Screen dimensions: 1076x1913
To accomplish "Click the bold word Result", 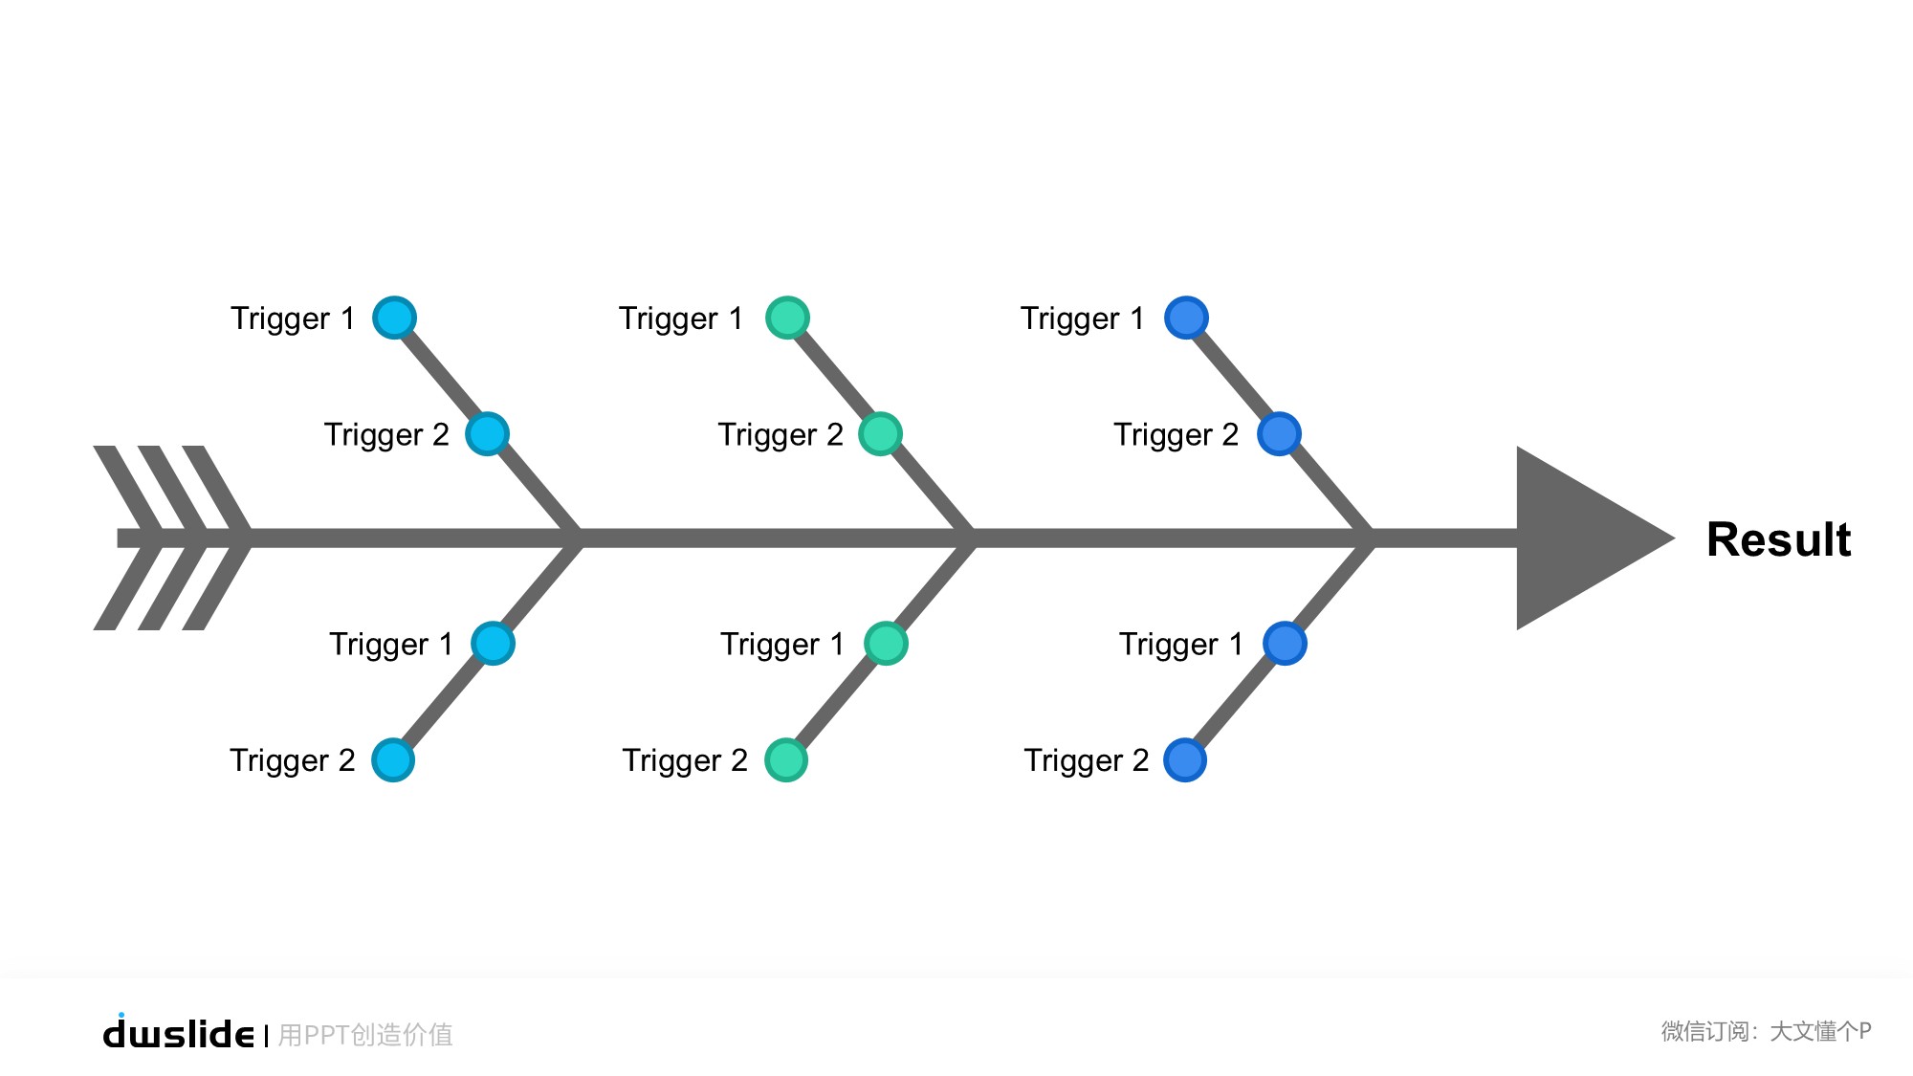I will click(x=1778, y=539).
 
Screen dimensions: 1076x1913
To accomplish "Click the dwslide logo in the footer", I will click(x=179, y=1033).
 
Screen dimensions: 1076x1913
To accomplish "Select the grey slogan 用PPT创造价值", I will click(x=365, y=1035).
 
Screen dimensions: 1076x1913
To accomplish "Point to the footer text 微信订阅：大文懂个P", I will click(x=1766, y=1031).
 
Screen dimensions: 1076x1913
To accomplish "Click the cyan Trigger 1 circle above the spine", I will click(x=394, y=318).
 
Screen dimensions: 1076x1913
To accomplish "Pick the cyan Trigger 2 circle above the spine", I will click(x=487, y=434).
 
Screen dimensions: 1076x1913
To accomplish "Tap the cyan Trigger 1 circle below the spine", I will click(x=494, y=644).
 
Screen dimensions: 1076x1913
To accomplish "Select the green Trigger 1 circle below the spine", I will click(x=886, y=644).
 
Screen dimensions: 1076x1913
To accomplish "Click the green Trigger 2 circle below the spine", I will click(x=786, y=760).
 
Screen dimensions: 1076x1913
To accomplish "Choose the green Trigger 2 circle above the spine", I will click(x=880, y=434).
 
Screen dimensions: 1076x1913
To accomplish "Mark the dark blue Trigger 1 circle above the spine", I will click(x=1186, y=318).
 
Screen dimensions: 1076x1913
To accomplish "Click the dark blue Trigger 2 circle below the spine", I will click(x=1185, y=760).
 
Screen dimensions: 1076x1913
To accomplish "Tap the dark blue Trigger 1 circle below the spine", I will click(x=1285, y=644).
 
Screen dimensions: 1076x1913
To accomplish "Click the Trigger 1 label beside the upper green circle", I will click(x=680, y=318).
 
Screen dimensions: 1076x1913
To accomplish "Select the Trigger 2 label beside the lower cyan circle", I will click(x=292, y=761).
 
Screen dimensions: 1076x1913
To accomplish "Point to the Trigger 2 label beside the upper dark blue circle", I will click(x=1176, y=435).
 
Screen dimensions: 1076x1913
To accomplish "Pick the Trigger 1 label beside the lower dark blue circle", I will click(x=1180, y=645).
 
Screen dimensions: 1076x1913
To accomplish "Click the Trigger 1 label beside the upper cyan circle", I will click(x=292, y=318).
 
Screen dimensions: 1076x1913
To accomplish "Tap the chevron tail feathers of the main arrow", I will click(x=172, y=538).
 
